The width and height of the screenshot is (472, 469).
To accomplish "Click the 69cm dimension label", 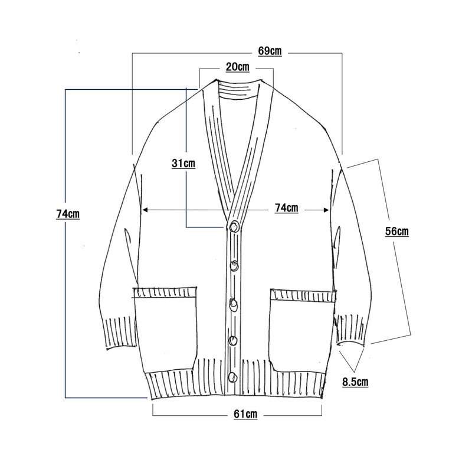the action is tap(270, 51).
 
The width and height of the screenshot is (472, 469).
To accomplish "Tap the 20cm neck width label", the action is tap(238, 67).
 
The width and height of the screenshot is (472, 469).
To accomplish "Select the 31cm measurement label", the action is tap(183, 164).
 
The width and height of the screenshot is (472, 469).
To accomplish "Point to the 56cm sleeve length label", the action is tap(396, 231).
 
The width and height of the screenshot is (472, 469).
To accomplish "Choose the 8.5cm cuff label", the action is tap(355, 382).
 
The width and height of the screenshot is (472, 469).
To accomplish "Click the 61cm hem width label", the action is tap(245, 414).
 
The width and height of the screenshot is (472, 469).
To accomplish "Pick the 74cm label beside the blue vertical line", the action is tap(68, 214).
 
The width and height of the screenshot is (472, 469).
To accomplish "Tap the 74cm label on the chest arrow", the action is tap(287, 208).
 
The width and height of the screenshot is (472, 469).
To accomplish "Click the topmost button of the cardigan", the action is tap(234, 226).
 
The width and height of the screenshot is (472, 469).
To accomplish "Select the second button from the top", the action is tap(234, 266).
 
